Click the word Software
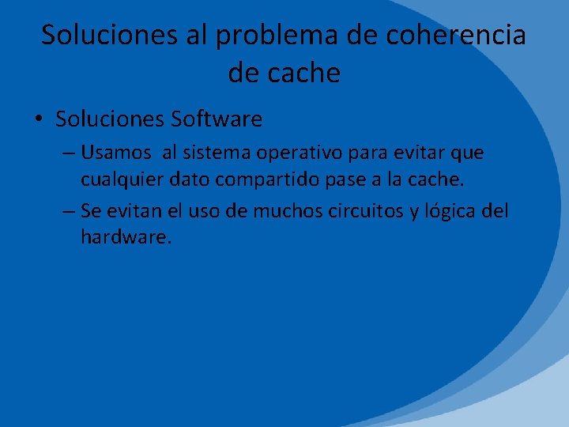click(x=215, y=119)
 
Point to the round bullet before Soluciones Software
click(x=39, y=120)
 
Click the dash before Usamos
click(x=66, y=152)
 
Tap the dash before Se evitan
click(x=66, y=212)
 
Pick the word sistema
click(x=219, y=151)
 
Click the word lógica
click(x=447, y=212)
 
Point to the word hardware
click(x=125, y=236)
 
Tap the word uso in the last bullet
click(x=209, y=212)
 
